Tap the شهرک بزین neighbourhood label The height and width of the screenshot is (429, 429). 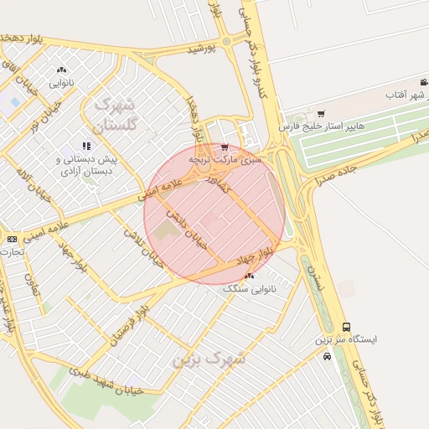pyautogui.click(x=209, y=359)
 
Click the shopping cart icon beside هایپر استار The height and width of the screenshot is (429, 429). pyautogui.click(x=321, y=113)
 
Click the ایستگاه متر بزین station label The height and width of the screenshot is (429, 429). pyautogui.click(x=347, y=339)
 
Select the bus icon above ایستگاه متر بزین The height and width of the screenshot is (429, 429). pyautogui.click(x=347, y=327)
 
